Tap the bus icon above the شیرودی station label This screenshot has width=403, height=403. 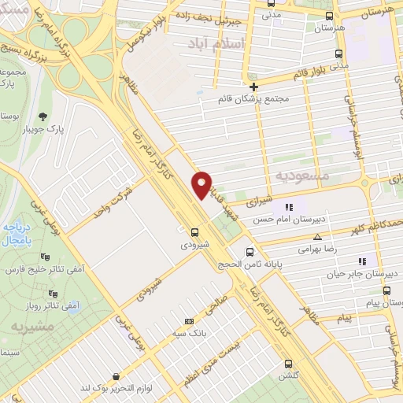194,231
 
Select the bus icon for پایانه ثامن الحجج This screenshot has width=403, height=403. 250,253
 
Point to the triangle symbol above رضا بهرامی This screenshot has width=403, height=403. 317,237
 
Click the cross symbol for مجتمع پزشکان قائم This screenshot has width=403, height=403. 253,87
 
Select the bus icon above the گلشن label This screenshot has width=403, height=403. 289,364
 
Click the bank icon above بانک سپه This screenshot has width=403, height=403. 188,321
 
